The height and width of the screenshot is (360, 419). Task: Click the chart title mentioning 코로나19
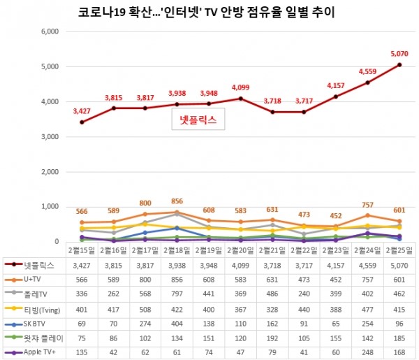[x=203, y=12]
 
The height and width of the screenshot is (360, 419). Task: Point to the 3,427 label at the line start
[x=82, y=110]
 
